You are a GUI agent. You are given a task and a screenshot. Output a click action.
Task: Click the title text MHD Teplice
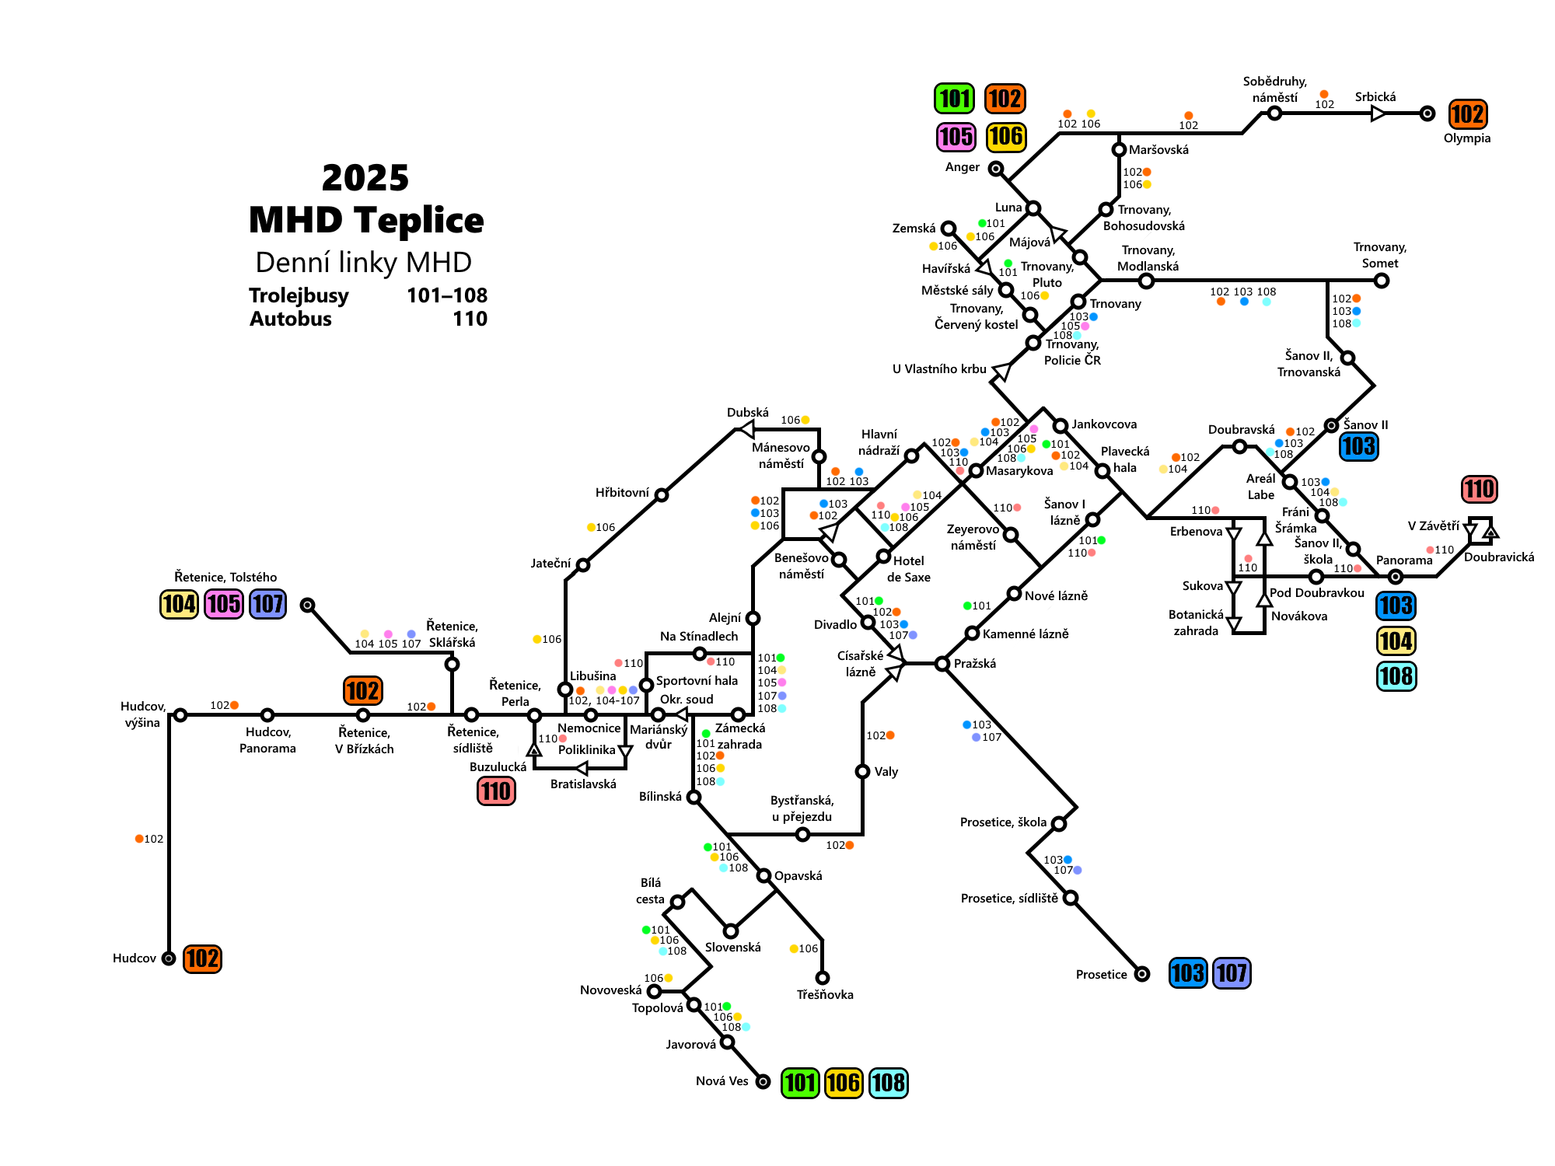(x=365, y=220)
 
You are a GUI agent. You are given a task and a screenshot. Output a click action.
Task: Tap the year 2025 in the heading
(x=365, y=178)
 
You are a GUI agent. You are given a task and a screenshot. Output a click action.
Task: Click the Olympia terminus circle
(x=1427, y=113)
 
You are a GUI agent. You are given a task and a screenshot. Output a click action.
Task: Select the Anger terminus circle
(x=995, y=169)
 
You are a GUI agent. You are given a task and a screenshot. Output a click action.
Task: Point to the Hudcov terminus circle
(x=169, y=958)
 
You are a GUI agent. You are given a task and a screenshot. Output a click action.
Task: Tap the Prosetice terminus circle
(x=1141, y=974)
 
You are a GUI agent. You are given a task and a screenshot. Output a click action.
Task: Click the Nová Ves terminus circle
(x=764, y=1081)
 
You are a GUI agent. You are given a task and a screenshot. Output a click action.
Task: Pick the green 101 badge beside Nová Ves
(x=800, y=1083)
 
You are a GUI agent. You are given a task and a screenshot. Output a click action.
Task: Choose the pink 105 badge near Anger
(x=956, y=137)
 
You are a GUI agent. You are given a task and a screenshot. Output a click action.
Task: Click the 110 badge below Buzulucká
(x=496, y=791)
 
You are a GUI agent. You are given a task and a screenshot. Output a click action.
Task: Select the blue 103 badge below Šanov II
(x=1358, y=446)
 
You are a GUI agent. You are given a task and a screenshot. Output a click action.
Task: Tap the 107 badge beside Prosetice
(x=1232, y=973)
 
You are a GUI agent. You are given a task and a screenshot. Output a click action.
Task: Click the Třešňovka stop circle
(x=822, y=977)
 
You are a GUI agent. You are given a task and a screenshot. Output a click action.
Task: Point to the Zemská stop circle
(x=948, y=229)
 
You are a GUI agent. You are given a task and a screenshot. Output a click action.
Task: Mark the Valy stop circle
(x=862, y=771)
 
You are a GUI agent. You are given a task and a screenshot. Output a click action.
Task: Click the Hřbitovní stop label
(x=622, y=493)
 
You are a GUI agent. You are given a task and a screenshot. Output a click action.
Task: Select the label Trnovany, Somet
(x=1379, y=255)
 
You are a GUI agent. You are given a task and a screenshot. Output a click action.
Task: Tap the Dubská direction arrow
(x=746, y=428)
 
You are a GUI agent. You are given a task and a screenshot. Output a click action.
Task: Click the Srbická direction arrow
(x=1378, y=113)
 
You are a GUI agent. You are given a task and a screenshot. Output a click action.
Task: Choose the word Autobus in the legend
(x=290, y=319)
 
